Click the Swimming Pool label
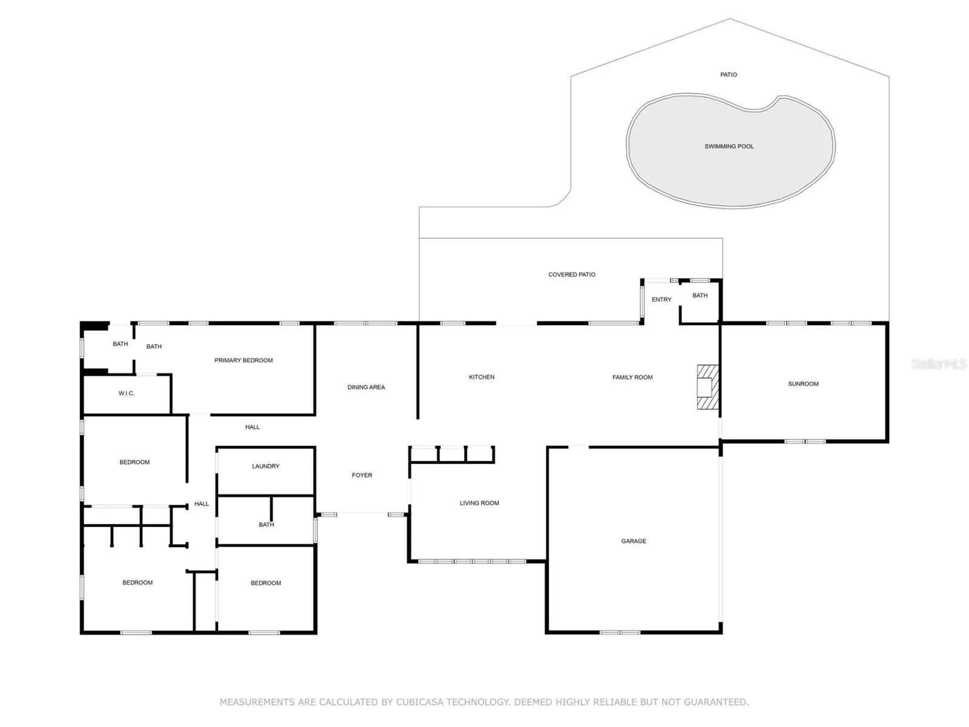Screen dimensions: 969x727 point(729,146)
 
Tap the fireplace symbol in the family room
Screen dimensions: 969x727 point(707,387)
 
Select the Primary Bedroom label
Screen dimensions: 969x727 point(243,360)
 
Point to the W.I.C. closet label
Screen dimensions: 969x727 point(126,393)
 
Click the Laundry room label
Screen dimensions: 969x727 point(265,466)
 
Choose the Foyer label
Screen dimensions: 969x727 point(362,475)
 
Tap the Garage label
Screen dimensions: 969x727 point(633,541)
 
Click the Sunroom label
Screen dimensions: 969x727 point(802,383)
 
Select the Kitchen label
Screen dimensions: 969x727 point(481,377)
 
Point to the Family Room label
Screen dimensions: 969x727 point(632,377)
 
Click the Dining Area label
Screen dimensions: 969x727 point(366,387)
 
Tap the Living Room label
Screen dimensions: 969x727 point(479,503)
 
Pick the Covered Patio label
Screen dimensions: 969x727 point(571,274)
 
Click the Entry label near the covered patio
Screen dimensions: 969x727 point(661,299)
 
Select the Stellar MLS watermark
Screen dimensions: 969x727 point(939,363)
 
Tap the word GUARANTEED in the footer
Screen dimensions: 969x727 point(715,702)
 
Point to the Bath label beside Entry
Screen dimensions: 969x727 point(699,295)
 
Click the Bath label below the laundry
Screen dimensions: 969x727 point(266,525)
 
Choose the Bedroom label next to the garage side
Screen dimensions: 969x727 point(265,583)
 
